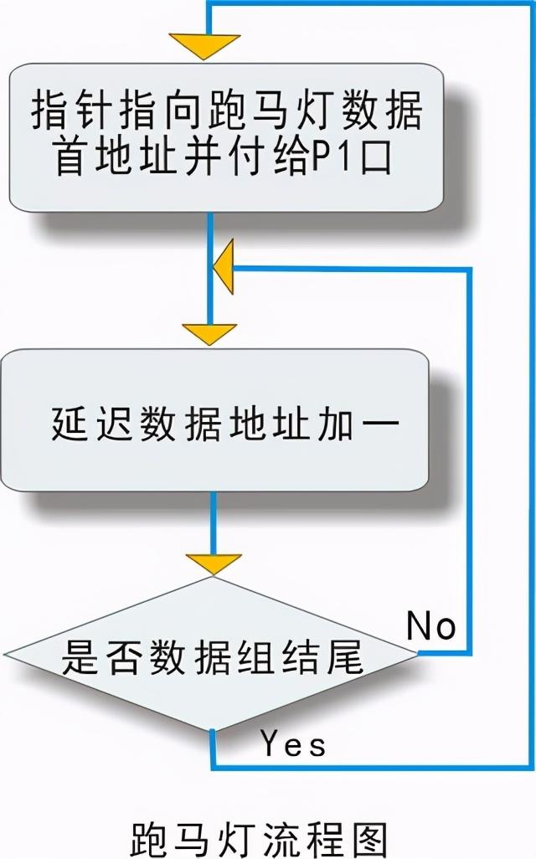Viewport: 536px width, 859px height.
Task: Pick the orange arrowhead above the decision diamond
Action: [212, 563]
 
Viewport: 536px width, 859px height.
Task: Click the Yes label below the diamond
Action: [292, 743]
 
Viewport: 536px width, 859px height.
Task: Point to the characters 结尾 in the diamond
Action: [332, 656]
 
